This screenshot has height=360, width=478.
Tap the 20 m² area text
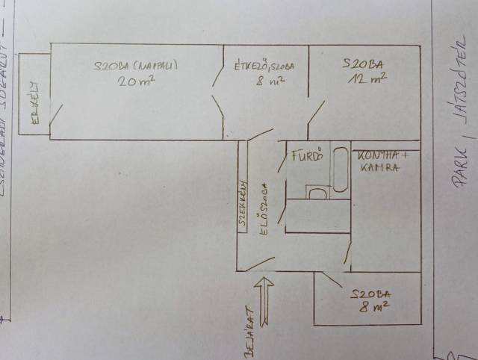tap(135, 81)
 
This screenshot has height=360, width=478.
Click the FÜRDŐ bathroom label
tap(306, 158)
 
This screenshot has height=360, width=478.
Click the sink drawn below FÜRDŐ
tap(317, 193)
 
